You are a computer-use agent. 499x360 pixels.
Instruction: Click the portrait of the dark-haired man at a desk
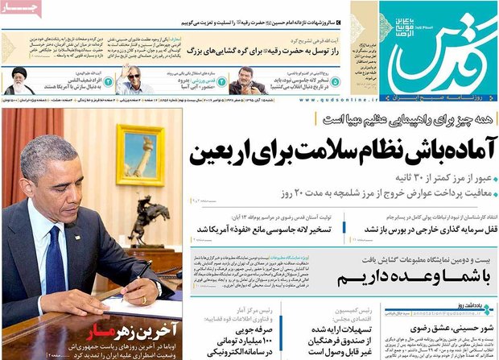point(247,81)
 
